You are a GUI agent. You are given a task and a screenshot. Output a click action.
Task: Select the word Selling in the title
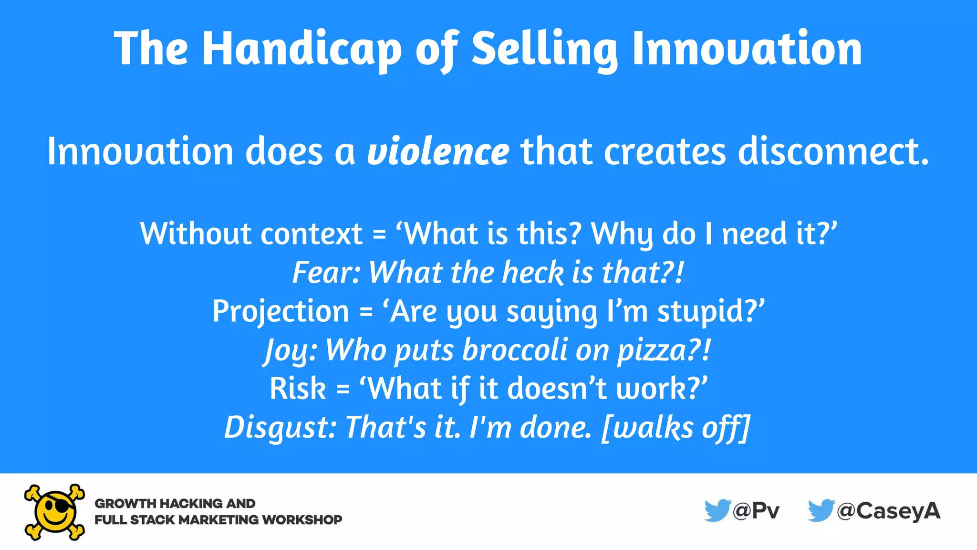[544, 49]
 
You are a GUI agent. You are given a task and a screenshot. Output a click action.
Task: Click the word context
[312, 234]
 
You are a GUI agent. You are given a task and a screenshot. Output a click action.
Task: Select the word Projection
[281, 311]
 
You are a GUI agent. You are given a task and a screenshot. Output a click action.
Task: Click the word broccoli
[515, 350]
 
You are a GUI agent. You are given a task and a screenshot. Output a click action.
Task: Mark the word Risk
[298, 389]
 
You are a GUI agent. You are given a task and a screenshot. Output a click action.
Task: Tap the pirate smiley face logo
[54, 512]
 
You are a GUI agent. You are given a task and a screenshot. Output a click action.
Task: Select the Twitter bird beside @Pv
[717, 510]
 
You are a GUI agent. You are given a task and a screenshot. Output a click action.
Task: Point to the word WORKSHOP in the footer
[302, 520]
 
